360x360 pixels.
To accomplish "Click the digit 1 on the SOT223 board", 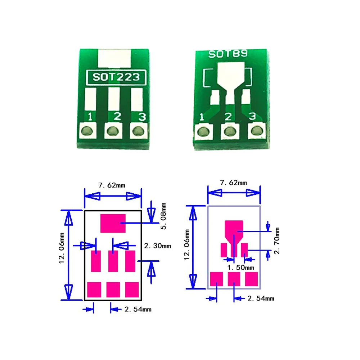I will click(90, 117).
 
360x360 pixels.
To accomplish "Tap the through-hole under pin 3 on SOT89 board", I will click(257, 130).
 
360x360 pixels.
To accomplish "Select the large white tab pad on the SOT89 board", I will click(231, 74).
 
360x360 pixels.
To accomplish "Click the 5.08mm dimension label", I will click(164, 216).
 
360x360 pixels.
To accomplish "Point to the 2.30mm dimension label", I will click(157, 246).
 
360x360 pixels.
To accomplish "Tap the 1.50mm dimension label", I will click(241, 268).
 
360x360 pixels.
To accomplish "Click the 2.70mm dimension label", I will click(277, 240).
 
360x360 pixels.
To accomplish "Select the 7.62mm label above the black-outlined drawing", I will click(112, 185).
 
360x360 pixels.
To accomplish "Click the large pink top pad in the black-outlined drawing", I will click(113, 223).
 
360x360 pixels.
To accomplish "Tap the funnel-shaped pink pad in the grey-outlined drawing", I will click(234, 230).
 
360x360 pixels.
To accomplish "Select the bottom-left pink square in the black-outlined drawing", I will click(94, 289).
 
